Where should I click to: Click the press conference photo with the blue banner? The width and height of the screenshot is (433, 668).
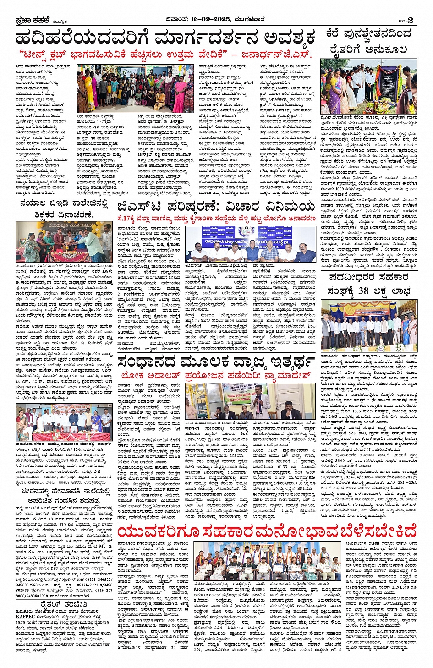[250, 244]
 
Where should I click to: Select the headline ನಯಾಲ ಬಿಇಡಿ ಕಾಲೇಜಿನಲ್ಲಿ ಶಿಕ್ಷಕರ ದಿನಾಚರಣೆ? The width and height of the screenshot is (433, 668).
[64, 208]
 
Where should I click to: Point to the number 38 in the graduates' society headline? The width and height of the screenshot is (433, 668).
[363, 291]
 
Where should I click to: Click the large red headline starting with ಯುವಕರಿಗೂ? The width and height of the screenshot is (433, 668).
[267, 531]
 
